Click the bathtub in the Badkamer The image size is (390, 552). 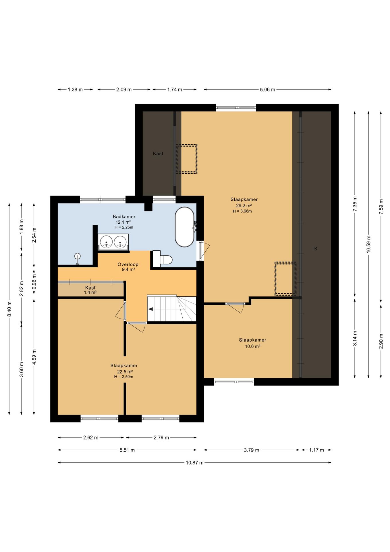(185, 227)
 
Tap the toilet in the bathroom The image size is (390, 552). (162, 259)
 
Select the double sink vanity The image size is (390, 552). (113, 242)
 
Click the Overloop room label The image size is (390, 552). (128, 264)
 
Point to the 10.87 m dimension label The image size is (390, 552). (194, 463)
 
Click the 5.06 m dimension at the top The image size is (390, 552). (267, 90)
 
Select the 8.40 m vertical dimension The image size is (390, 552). (9, 309)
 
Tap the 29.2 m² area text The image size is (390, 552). (244, 206)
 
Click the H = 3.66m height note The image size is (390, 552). (242, 211)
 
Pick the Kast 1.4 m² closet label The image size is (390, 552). (90, 290)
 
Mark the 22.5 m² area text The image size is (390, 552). (125, 371)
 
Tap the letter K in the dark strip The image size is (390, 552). (316, 248)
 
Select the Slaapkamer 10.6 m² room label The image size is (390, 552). (253, 343)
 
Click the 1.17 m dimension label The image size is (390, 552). (316, 450)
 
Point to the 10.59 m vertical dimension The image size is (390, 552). (369, 244)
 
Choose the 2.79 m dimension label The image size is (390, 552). (161, 438)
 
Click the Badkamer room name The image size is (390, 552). (124, 216)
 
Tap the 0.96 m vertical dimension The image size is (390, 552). (34, 282)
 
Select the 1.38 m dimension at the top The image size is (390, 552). (75, 90)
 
